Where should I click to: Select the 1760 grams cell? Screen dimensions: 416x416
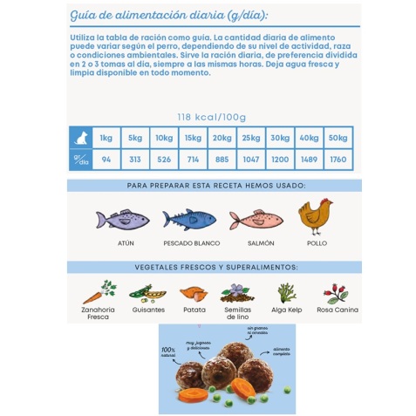338,160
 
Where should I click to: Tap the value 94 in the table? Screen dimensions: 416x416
106,160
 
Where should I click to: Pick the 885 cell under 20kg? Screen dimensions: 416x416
221,160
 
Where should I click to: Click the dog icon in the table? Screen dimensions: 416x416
81,137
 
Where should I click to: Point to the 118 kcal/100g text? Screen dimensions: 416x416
211,117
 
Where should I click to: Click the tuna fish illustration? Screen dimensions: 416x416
123,218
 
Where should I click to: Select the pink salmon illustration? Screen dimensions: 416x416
255,219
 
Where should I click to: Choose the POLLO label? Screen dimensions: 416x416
316,243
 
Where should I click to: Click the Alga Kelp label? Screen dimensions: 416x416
287,310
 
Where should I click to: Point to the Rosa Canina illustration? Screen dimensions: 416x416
336,293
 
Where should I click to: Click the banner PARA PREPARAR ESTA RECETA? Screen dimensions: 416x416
215,186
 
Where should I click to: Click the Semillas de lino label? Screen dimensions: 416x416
237,313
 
